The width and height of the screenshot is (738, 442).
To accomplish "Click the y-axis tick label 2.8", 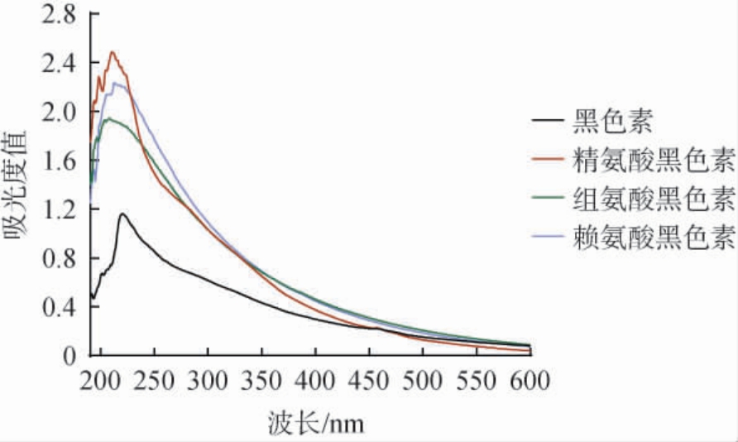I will (x=59, y=16).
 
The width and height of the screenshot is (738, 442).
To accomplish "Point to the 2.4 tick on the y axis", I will (x=59, y=64).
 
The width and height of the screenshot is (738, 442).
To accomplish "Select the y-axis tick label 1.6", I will (x=59, y=161).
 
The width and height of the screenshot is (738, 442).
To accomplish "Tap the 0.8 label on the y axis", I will (x=59, y=258).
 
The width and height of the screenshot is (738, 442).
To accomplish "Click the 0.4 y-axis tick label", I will (x=59, y=307).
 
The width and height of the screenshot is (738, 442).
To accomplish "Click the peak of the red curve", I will (x=112, y=52).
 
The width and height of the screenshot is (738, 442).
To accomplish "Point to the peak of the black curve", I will (x=122, y=214).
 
